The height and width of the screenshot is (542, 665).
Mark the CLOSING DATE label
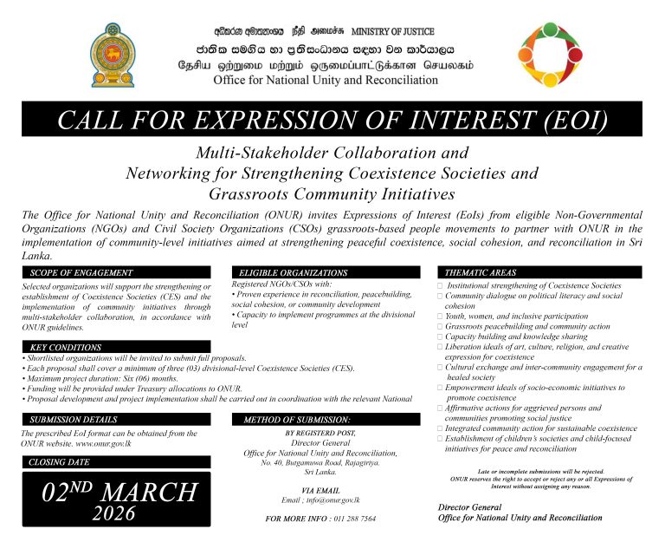[60, 462]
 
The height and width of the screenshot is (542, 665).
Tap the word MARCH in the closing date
[152, 492]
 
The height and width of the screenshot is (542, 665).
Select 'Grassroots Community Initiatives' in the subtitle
[332, 193]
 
